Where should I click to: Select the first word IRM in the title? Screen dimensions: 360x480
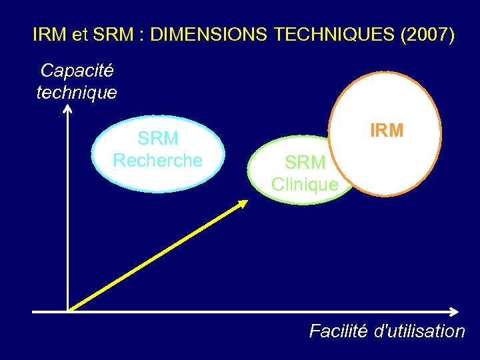(49, 35)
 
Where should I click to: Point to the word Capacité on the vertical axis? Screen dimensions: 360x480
(77, 70)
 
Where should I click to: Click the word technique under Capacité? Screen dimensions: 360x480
(77, 92)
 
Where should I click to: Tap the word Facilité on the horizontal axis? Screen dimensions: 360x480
(338, 331)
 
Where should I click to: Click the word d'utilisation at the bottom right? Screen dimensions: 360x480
(420, 331)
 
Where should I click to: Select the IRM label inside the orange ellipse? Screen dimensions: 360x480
(387, 131)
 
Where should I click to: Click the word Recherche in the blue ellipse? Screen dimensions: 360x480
(158, 161)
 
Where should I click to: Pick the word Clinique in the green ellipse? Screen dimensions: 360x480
(305, 184)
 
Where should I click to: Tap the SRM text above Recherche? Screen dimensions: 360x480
(158, 139)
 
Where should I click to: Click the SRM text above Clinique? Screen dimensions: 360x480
(305, 162)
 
